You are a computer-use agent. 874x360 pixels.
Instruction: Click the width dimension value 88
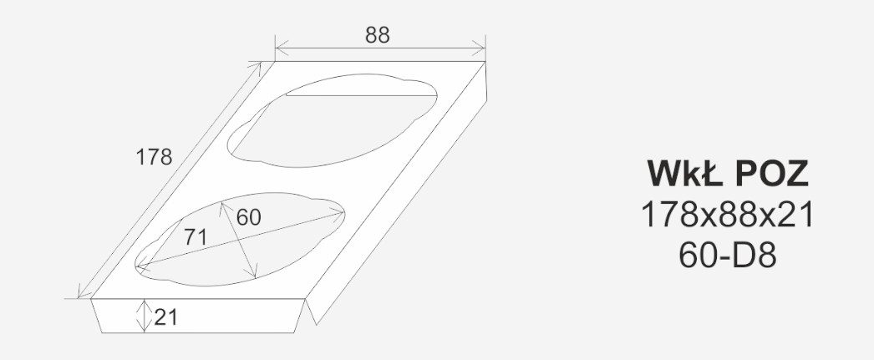click(x=378, y=35)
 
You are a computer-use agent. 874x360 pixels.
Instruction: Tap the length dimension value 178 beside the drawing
click(x=154, y=158)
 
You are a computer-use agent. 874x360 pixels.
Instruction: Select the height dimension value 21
click(x=165, y=317)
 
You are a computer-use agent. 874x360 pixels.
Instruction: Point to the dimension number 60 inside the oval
click(x=248, y=217)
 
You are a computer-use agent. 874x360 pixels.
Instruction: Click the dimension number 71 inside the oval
click(x=195, y=237)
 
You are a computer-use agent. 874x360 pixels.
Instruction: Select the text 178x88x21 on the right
click(x=728, y=215)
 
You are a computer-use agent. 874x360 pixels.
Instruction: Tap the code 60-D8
click(x=728, y=256)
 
